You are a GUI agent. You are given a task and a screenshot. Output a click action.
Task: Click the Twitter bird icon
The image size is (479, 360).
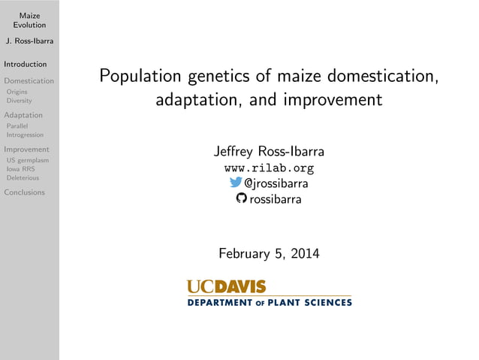(236, 183)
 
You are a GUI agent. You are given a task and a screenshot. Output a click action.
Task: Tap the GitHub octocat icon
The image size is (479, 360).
(241, 198)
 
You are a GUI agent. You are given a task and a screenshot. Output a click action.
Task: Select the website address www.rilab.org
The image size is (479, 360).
(269, 168)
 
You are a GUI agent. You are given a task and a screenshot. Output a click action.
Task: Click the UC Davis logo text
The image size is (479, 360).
(226, 286)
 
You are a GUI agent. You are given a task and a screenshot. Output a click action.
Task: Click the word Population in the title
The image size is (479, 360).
(140, 77)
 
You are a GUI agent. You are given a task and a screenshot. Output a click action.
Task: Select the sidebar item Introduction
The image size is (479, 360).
(26, 64)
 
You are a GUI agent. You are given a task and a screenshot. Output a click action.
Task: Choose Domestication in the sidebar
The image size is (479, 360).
(29, 80)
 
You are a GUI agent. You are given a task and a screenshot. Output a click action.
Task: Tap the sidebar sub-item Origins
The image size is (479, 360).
(17, 92)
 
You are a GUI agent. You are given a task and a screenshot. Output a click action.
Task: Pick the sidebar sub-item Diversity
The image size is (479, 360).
(19, 101)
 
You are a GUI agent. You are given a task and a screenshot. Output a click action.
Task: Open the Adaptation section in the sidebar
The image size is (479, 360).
(23, 115)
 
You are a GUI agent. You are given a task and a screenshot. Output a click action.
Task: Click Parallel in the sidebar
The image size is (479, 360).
(17, 126)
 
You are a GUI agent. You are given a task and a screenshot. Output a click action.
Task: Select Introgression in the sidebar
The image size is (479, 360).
(25, 135)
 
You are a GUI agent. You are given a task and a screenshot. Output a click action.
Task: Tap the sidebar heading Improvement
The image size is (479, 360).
(27, 149)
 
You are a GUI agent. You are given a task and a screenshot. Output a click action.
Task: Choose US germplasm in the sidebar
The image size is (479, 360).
(27, 160)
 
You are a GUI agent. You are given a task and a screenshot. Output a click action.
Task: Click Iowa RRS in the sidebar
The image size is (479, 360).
(20, 169)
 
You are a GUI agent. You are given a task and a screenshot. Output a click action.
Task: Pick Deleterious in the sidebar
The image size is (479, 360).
(23, 178)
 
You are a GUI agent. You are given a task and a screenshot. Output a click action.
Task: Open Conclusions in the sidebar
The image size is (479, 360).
(25, 192)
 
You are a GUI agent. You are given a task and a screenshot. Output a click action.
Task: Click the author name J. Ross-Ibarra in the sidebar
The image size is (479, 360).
(29, 41)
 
